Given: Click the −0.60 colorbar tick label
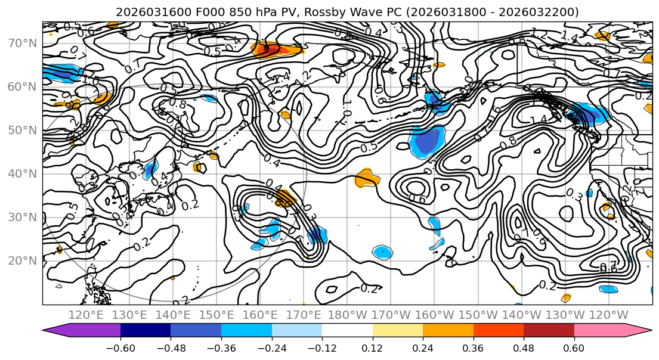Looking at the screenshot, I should [120, 347].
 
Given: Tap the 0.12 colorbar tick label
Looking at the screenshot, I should [373, 347].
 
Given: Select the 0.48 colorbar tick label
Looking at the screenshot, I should [524, 347].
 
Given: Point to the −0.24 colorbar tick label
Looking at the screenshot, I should [271, 347].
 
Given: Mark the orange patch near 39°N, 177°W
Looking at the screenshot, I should [366, 178].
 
